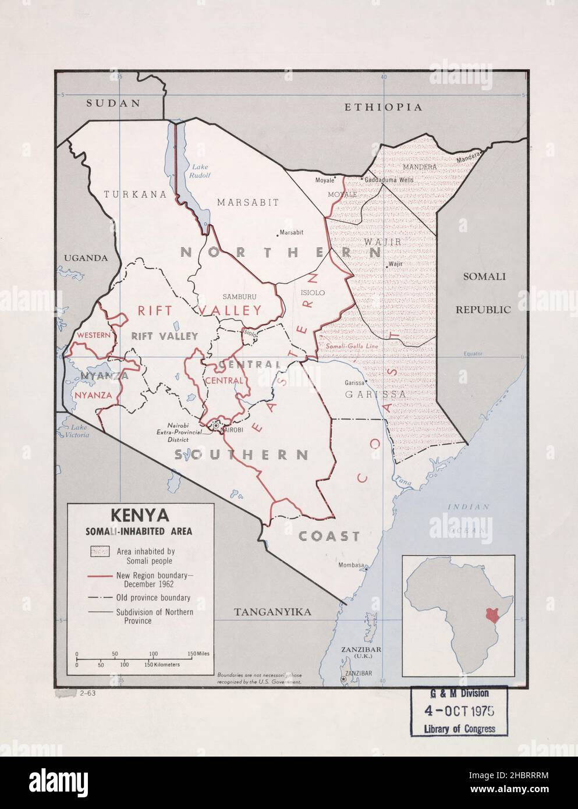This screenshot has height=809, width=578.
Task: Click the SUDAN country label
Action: click(114, 103)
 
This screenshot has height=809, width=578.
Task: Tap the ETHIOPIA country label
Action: click(382, 107)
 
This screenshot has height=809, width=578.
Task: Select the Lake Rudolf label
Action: click(193, 171)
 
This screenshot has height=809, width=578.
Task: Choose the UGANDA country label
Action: click(86, 258)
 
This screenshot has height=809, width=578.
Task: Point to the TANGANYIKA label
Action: click(272, 612)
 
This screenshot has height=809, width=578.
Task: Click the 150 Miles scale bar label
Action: click(198, 655)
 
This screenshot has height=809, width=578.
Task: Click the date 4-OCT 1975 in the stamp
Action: click(459, 711)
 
